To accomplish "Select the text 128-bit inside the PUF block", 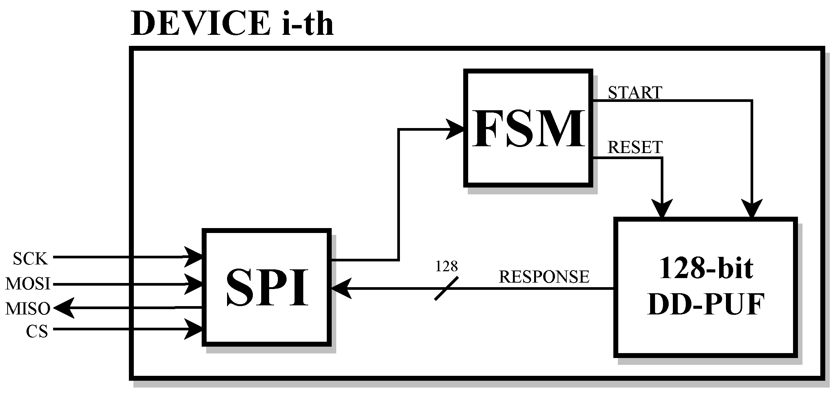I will coord(705,268).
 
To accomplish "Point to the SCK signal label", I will coord(30,259).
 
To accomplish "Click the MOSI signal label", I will coord(28,283).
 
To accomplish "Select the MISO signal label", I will coord(28,308).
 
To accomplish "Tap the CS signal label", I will coord(37,331).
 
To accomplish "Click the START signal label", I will coord(635,92).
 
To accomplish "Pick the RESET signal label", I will coord(635,147).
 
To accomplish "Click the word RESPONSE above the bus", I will coord(544,277).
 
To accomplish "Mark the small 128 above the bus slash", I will coord(446,266).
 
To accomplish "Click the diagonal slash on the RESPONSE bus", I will coord(446,289).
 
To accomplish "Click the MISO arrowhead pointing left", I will coord(63,308).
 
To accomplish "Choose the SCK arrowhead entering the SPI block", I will coord(193,257).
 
